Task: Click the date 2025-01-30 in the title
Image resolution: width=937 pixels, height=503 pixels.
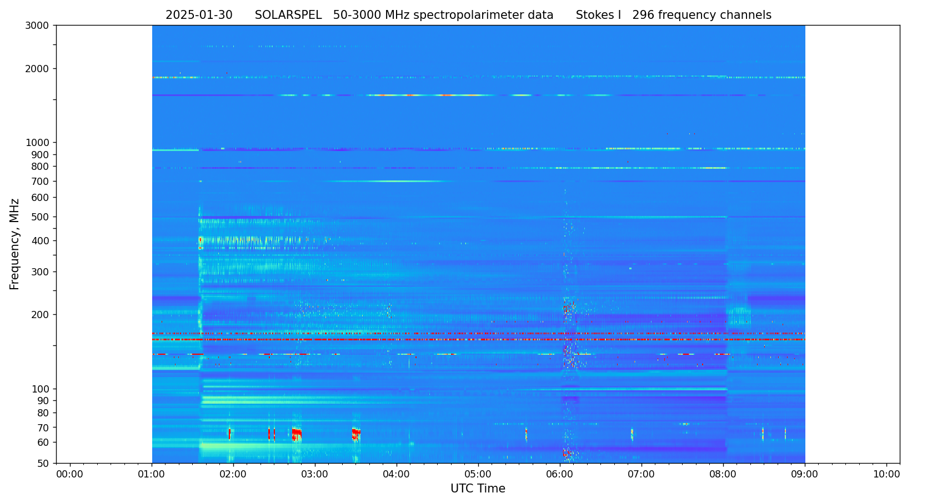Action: pyautogui.click(x=199, y=16)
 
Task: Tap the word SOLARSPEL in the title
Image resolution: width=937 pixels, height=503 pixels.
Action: pyautogui.click(x=288, y=16)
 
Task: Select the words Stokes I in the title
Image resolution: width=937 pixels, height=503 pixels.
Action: pyautogui.click(x=598, y=16)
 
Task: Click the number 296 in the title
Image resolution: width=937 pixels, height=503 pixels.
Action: pyautogui.click(x=644, y=16)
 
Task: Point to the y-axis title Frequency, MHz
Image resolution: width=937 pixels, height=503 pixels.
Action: pyautogui.click(x=15, y=244)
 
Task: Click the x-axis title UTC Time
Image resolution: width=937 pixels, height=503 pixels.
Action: pyautogui.click(x=478, y=489)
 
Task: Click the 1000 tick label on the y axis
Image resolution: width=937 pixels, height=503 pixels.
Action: pyautogui.click(x=37, y=143)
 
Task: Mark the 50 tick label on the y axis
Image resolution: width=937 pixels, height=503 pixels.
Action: pyautogui.click(x=43, y=464)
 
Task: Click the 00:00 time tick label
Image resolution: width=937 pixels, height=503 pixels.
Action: pyautogui.click(x=70, y=475)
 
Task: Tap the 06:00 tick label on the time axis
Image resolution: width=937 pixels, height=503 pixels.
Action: pyautogui.click(x=560, y=475)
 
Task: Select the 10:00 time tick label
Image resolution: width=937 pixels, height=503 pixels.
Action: pyautogui.click(x=886, y=475)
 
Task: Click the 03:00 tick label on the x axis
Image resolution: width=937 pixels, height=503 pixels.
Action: pyautogui.click(x=315, y=475)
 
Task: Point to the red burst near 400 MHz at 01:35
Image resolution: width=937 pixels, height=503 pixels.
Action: pyautogui.click(x=201, y=240)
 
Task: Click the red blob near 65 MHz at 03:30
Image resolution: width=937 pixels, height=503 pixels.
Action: pyautogui.click(x=355, y=432)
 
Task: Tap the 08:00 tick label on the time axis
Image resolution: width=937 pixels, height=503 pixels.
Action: pyautogui.click(x=723, y=475)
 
